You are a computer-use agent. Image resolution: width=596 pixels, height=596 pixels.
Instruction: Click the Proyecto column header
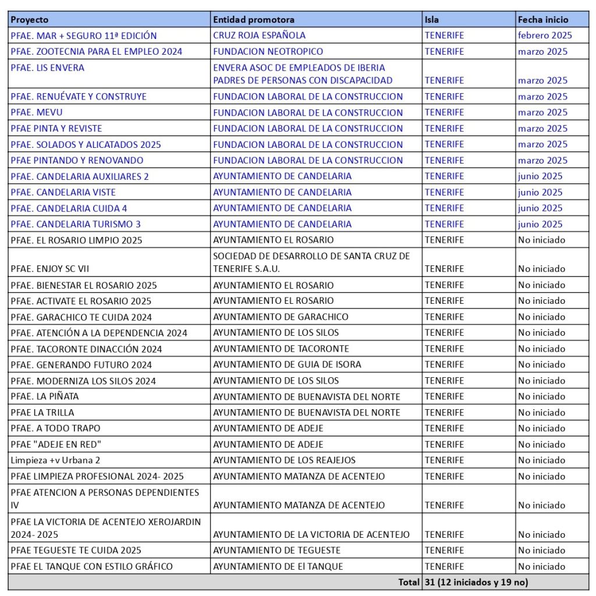point(30,20)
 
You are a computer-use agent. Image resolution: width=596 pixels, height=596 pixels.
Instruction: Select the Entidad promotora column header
point(254,20)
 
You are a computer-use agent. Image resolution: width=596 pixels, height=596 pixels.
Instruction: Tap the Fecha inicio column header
point(543,20)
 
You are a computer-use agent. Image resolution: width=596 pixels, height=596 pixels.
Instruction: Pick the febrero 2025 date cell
point(545,36)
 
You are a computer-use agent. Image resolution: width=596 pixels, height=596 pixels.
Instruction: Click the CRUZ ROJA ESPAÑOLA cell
point(259,36)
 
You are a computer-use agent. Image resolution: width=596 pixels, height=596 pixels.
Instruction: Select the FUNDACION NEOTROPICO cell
point(268,51)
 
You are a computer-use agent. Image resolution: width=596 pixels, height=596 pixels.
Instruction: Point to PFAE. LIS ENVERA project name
point(47,68)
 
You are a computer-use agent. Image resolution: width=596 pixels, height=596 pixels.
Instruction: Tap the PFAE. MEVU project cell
point(36,112)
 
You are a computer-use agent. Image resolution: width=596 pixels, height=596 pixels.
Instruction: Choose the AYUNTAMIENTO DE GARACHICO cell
point(281,317)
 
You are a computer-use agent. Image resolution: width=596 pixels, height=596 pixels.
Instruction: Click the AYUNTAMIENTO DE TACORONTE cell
point(281,349)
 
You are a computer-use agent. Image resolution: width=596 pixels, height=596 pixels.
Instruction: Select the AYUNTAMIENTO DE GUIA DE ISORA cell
point(287,364)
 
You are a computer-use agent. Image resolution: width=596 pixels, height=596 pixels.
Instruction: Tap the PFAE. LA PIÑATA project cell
point(44,396)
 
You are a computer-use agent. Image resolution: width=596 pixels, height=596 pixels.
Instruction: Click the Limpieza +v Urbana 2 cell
point(51,460)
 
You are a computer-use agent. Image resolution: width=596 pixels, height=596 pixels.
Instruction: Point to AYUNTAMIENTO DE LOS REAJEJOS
point(284,460)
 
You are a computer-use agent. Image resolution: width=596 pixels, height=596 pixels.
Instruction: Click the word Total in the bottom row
point(409,581)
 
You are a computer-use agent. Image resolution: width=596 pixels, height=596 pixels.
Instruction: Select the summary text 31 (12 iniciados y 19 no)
point(476,581)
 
